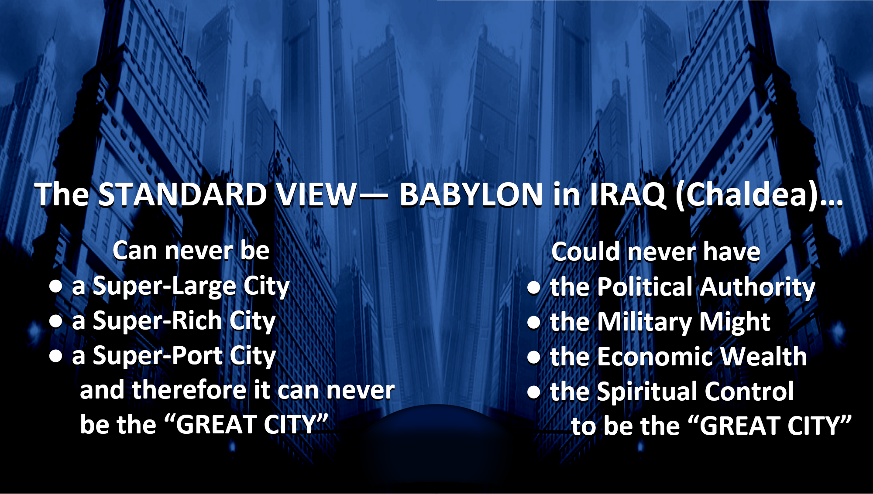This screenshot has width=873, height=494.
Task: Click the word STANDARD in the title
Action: point(182,194)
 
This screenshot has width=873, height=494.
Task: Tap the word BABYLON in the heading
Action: point(471,194)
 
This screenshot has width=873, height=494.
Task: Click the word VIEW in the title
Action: point(317,194)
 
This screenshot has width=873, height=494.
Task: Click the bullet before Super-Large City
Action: point(55,286)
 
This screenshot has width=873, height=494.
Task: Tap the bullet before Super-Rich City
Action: point(55,321)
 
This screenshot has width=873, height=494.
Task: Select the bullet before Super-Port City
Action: point(55,356)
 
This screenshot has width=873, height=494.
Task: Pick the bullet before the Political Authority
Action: point(534,287)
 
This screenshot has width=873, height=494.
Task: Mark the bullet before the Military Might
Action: point(534,322)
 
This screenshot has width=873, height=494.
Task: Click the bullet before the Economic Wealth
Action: point(534,357)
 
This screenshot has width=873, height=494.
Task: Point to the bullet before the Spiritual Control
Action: point(534,392)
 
